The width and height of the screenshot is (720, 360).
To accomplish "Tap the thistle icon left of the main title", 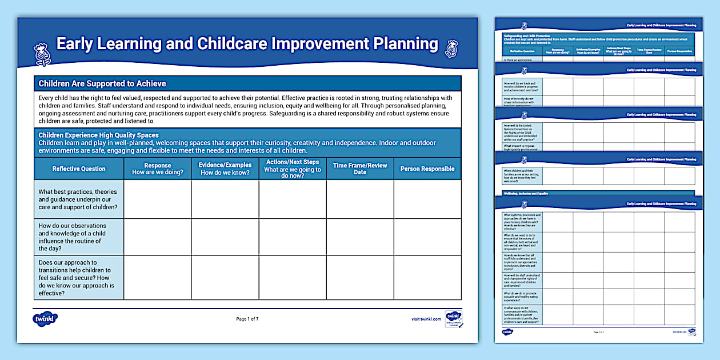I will [x=42, y=53].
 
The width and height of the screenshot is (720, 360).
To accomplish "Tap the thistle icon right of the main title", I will [x=451, y=48].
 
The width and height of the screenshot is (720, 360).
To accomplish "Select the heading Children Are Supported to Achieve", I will [x=102, y=83].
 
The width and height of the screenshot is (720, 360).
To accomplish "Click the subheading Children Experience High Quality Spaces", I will [x=98, y=135].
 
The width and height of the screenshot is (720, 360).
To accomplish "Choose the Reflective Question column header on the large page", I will [x=79, y=169].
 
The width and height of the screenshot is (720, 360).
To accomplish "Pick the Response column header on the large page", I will [x=158, y=169].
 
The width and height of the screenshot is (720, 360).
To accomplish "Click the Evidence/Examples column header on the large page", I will [x=225, y=169].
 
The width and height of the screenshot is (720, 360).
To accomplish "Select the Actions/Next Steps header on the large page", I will [x=293, y=169].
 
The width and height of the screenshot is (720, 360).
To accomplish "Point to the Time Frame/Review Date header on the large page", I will [x=360, y=169].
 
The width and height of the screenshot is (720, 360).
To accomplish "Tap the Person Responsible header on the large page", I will [x=427, y=169].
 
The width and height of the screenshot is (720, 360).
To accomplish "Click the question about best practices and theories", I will [x=79, y=199].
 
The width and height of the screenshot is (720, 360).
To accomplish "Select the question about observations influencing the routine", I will [x=79, y=237].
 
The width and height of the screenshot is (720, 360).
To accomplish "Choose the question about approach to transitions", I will [x=79, y=278].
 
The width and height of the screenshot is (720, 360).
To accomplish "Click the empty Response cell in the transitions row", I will [x=158, y=278].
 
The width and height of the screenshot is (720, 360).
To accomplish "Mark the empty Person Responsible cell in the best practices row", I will [x=427, y=199].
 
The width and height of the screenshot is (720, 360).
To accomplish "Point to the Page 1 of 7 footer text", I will [x=247, y=319].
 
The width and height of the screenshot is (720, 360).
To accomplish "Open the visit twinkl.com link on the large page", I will [x=426, y=319].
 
